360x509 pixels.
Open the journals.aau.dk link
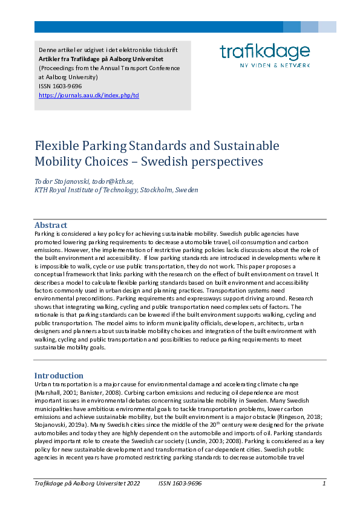(89, 96)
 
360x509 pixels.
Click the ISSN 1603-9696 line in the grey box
(60, 86)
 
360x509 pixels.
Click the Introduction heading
(59, 375)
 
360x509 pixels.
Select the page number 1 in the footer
(324, 484)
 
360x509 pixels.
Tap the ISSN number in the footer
(180, 484)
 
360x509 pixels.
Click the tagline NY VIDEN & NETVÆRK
(275, 64)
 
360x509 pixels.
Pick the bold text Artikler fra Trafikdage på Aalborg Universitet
(101, 59)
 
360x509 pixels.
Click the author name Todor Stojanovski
(61, 181)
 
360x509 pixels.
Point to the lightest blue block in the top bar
(327, 27)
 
